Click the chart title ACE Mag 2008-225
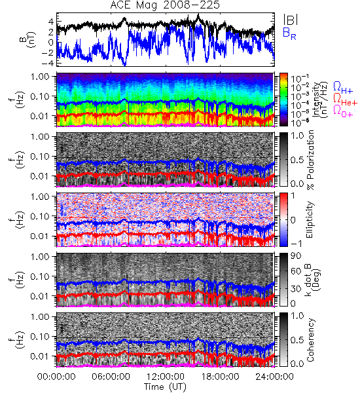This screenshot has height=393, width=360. click(x=165, y=5)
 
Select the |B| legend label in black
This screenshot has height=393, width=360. click(x=291, y=20)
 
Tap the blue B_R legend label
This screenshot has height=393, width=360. click(x=289, y=33)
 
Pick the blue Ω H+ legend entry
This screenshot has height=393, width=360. click(x=343, y=88)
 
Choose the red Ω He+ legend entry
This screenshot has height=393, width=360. click(x=345, y=100)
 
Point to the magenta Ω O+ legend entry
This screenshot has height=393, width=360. click(x=343, y=111)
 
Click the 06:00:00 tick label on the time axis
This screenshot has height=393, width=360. click(x=111, y=377)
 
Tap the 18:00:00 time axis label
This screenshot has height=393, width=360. click(x=220, y=377)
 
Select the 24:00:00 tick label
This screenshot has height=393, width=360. click(x=274, y=377)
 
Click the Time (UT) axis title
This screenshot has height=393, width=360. click(x=165, y=387)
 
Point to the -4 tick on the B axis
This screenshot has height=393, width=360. click(x=48, y=63)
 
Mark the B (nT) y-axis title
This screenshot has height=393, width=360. click(x=29, y=39)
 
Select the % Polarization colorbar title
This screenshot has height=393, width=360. click(x=311, y=160)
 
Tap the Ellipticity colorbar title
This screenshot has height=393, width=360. click(x=310, y=219)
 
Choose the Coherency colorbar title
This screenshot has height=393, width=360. click(x=310, y=340)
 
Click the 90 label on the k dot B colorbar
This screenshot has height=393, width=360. click(x=295, y=256)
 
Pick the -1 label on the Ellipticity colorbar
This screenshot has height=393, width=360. click(x=296, y=244)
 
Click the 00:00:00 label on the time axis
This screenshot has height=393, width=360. click(x=56, y=377)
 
